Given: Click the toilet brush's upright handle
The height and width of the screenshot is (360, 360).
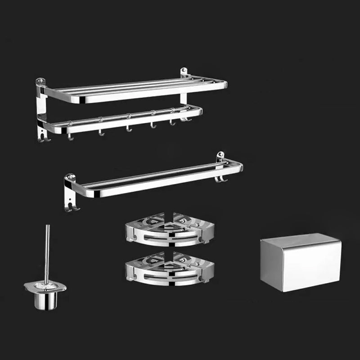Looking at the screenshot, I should click(x=47, y=252).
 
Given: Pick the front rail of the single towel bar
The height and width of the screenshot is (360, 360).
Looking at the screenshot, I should click(x=157, y=183).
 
